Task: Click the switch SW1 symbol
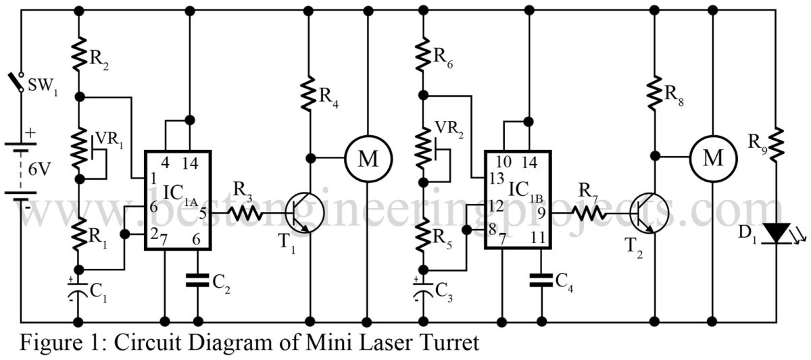[16, 82]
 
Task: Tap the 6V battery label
[39, 169]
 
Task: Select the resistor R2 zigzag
[79, 53]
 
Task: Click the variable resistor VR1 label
[109, 140]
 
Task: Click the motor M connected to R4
[368, 159]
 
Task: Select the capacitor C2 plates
[197, 280]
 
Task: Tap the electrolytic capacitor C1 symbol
[78, 290]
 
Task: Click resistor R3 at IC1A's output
[245, 213]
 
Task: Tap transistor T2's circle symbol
[649, 213]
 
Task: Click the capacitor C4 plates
[541, 280]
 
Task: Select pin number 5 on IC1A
[202, 213]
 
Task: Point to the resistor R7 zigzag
[589, 213]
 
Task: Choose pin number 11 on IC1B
[537, 238]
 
